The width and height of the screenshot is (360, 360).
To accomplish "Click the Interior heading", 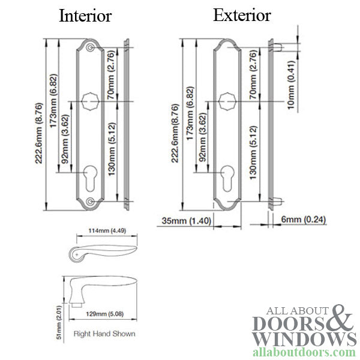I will coord(85,16).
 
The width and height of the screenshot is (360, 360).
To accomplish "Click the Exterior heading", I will coord(242,15).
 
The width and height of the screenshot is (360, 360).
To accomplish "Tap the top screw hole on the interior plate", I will coord(89,47).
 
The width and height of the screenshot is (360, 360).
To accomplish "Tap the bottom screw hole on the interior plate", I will coord(89,202).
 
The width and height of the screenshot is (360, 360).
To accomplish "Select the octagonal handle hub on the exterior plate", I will coord(227,100).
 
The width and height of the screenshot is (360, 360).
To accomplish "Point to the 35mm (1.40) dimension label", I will coord(184,220).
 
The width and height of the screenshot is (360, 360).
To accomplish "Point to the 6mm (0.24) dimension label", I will coord(304,220).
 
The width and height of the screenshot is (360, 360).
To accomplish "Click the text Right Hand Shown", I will coord(104,334).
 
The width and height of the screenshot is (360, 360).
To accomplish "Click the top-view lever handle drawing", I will coord(101,249).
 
